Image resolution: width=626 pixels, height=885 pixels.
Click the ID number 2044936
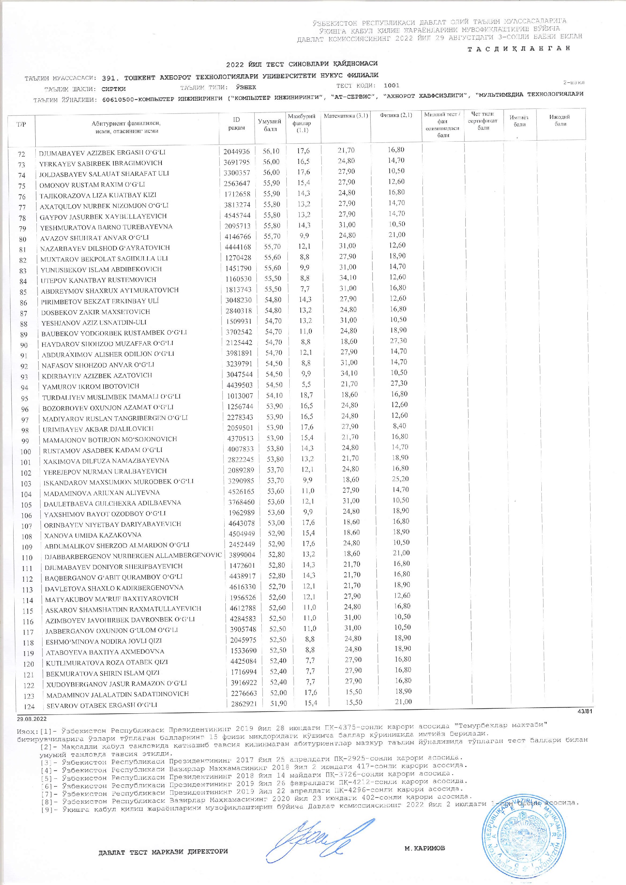[x=236, y=151]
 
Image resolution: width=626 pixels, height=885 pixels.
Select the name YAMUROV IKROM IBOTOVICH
[x=91, y=386]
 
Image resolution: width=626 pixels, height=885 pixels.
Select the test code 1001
[x=391, y=86]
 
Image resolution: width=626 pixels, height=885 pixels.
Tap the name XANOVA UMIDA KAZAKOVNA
[x=92, y=535]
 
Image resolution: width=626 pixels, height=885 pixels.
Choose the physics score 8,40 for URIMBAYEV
[x=400, y=426]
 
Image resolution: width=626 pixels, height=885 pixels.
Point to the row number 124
[x=29, y=707]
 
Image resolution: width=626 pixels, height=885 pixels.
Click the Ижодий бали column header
[x=560, y=120]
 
